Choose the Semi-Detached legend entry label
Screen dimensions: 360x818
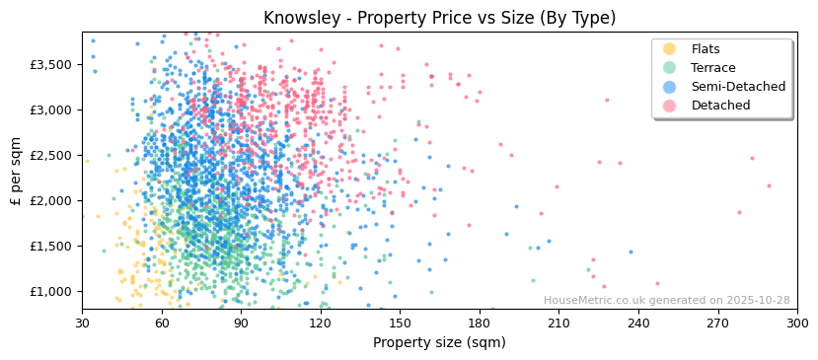tap(738, 87)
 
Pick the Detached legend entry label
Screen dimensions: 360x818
tap(720, 106)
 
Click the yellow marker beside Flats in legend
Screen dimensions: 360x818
tap(669, 49)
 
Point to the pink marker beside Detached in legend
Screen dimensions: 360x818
tap(669, 106)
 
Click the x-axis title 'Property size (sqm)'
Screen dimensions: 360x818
tap(439, 343)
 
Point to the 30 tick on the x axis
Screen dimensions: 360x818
tap(82, 323)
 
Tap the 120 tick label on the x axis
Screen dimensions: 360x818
tap(321, 323)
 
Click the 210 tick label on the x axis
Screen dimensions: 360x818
tap(558, 323)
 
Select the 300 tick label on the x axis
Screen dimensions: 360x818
tap(796, 323)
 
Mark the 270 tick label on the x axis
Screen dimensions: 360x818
tap(717, 323)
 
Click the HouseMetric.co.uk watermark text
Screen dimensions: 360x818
tap(666, 301)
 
